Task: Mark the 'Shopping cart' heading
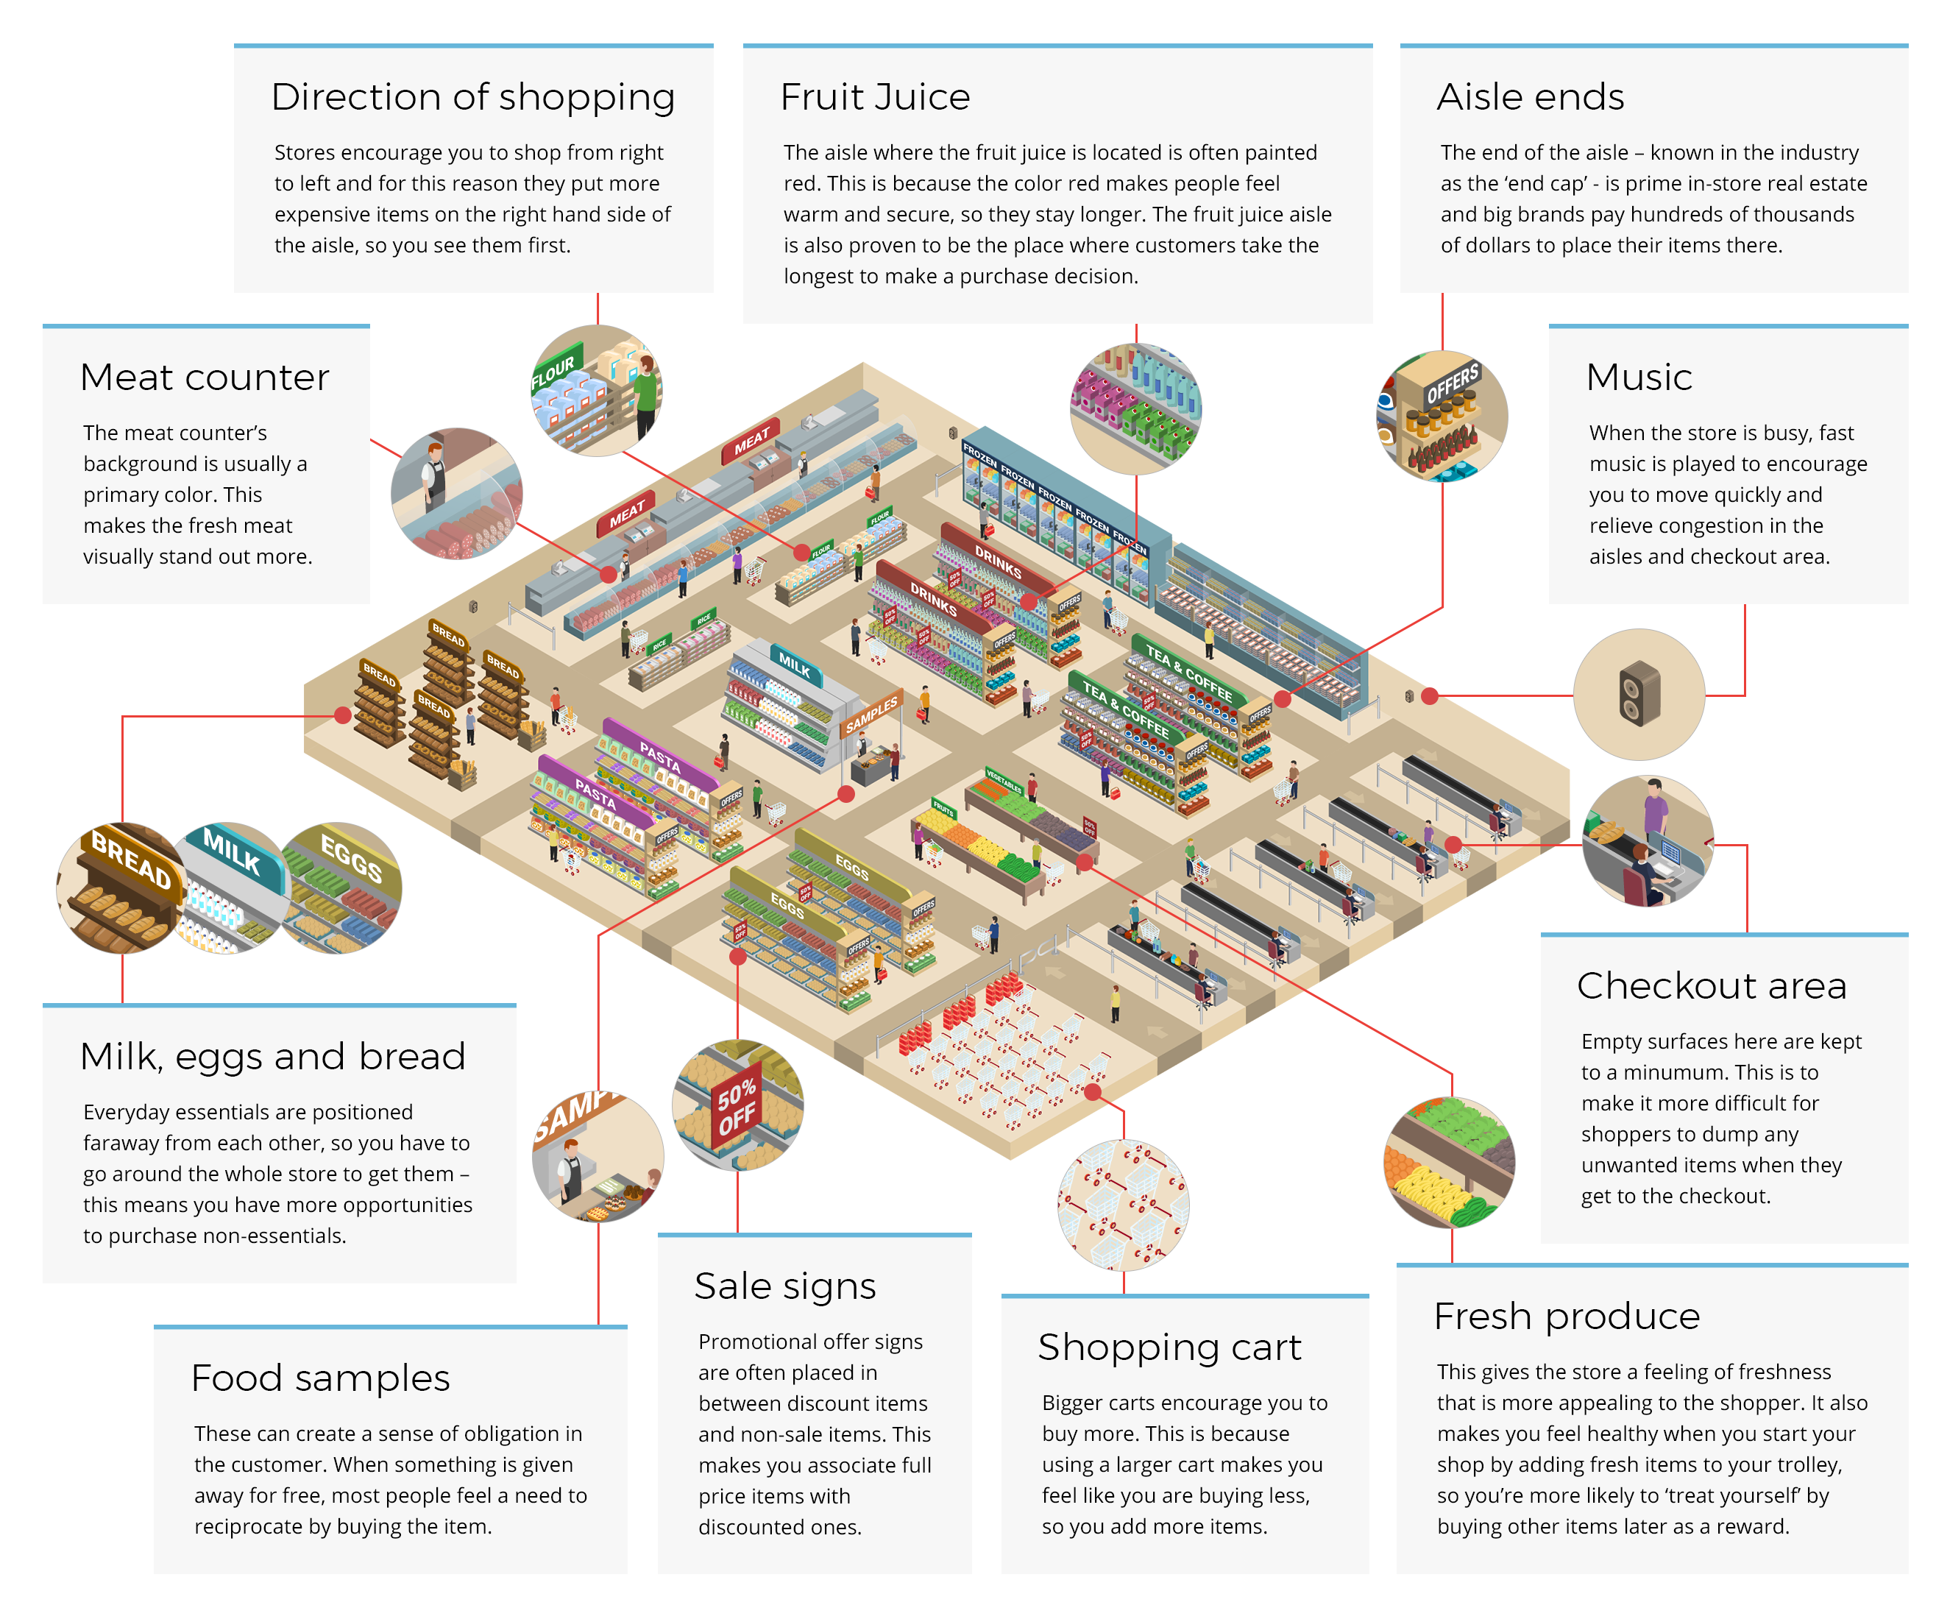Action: tap(1169, 1347)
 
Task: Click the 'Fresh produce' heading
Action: tap(1567, 1317)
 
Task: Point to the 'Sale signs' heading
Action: tap(784, 1286)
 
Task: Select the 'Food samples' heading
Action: tap(320, 1378)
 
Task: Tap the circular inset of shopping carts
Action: tap(1123, 1205)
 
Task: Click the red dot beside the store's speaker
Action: tap(1430, 695)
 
